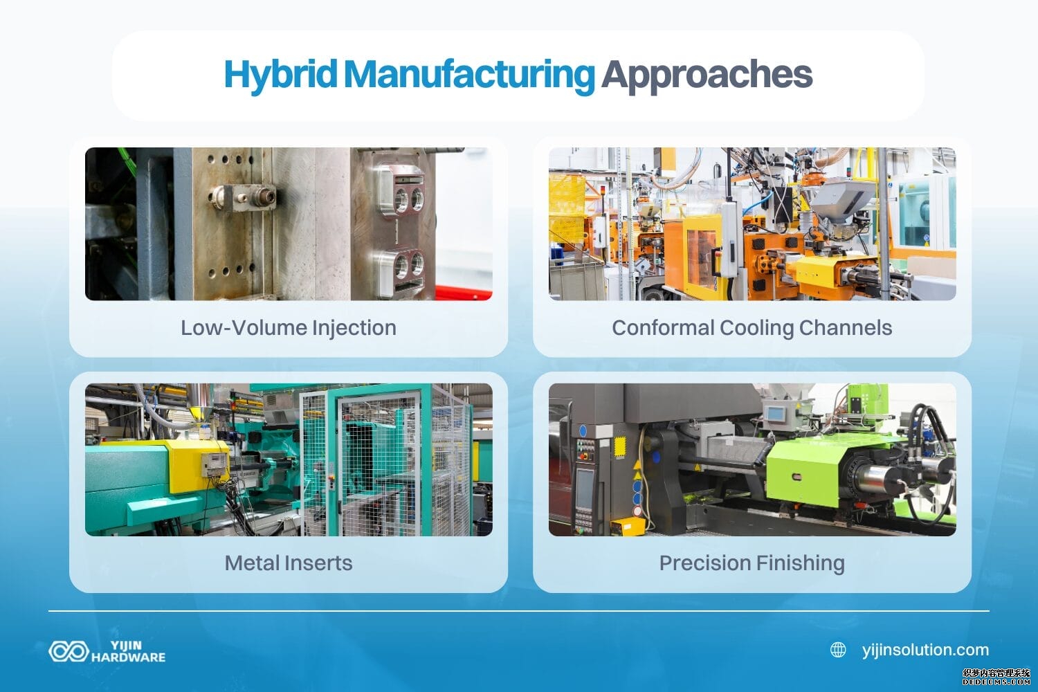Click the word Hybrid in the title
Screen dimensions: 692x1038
click(x=280, y=74)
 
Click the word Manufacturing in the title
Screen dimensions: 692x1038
click(x=468, y=74)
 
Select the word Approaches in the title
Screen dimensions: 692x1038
click(x=706, y=74)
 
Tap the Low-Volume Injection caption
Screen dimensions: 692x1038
click(x=288, y=327)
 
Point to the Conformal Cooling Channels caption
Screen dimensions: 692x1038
click(x=752, y=327)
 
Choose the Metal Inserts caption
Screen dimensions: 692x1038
click(x=288, y=563)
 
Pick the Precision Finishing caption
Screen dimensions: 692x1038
click(x=752, y=563)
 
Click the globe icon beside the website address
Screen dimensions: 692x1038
click(x=838, y=650)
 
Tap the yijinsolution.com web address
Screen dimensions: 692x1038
click(x=925, y=650)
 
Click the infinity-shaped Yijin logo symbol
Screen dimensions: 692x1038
click(x=68, y=651)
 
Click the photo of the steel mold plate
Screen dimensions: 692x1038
click(x=288, y=224)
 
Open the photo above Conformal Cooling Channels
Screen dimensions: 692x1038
click(x=752, y=224)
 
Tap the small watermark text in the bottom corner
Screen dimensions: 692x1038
click(x=996, y=676)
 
